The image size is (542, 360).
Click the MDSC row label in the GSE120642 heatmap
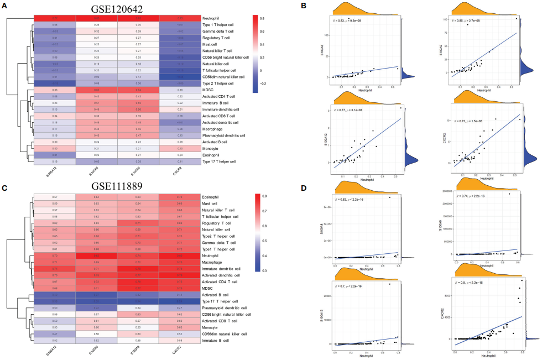pos(209,89)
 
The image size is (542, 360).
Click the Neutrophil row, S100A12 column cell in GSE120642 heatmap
pos(54,18)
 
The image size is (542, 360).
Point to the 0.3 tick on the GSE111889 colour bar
pos(264,271)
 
